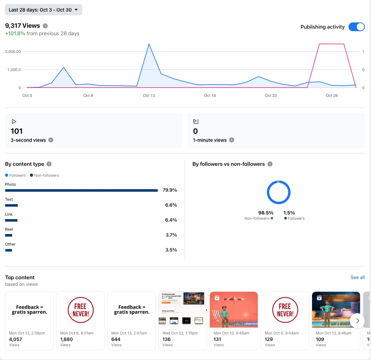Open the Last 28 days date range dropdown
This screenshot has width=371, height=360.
coord(43,10)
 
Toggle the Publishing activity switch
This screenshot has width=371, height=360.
coord(356,27)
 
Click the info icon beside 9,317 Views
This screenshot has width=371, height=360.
coord(45,26)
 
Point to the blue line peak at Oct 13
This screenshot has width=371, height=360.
coord(149,44)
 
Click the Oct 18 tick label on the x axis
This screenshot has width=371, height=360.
coord(210,95)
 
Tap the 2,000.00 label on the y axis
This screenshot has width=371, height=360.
coord(13,52)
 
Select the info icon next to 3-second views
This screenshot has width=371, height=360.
coord(51,140)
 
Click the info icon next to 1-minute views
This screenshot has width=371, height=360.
coord(232,140)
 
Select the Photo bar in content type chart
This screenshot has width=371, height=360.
coord(81,190)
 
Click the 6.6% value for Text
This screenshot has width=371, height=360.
coord(171,205)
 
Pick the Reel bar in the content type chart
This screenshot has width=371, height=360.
coord(9,235)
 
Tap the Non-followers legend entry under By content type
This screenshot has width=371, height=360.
coord(44,175)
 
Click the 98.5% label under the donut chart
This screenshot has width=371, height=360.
coord(266,213)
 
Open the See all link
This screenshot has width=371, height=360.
coord(357,277)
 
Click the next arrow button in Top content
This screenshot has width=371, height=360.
coord(357,320)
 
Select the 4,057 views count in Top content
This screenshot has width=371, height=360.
coord(16,339)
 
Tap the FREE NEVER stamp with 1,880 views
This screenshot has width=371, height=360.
coord(80,310)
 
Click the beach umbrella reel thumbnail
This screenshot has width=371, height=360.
coord(234,310)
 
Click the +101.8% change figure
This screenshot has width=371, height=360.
coord(15,34)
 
